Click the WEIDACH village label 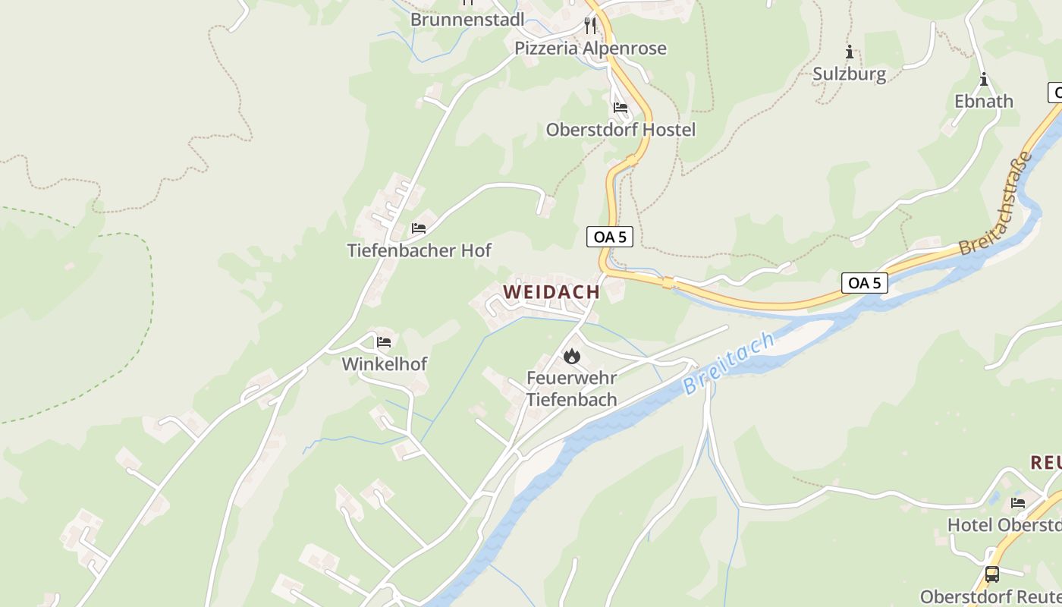[x=551, y=291]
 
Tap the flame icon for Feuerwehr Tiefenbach [x=571, y=355]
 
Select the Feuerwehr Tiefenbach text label [x=571, y=388]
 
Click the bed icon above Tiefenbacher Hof [x=419, y=228]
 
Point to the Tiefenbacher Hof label [x=419, y=250]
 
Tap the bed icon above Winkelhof [x=384, y=341]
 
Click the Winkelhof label [x=384, y=364]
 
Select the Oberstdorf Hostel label [x=621, y=130]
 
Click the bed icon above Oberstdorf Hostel [x=621, y=107]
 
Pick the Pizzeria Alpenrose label [x=590, y=49]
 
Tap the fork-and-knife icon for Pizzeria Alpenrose [x=590, y=26]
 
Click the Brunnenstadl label [x=467, y=19]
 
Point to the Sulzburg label [x=849, y=74]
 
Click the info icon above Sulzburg [x=850, y=52]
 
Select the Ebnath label [x=983, y=101]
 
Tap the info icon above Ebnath [x=984, y=79]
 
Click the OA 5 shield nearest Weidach [x=609, y=237]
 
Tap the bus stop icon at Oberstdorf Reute [x=991, y=574]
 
